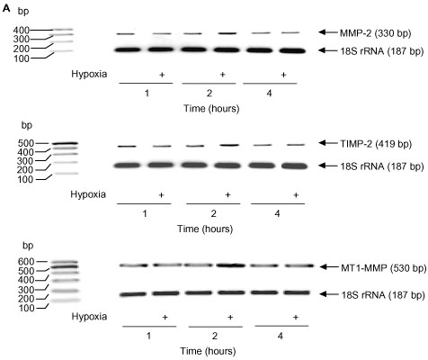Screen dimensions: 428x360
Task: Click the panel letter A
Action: coord(6,9)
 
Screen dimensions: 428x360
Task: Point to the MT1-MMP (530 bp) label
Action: coord(384,268)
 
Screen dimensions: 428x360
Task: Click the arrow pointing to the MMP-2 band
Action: coord(328,31)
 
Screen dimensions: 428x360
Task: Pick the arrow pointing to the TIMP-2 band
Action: coord(328,143)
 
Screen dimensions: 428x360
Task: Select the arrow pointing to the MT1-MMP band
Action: coord(329,266)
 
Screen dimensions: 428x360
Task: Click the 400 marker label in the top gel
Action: coord(21,30)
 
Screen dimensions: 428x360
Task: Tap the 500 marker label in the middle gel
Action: coord(25,143)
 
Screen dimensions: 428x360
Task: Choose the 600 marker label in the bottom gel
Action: coord(26,262)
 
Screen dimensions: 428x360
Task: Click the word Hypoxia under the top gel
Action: coord(89,74)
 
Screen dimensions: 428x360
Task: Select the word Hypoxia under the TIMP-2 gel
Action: coord(88,194)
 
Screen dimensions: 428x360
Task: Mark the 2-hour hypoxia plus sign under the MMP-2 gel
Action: coord(222,75)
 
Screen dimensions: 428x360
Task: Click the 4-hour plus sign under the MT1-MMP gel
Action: coord(296,317)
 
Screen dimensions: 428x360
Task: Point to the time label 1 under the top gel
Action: coord(147,94)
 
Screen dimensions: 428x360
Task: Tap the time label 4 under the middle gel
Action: coord(278,213)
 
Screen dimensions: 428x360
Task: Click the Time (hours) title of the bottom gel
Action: coord(208,351)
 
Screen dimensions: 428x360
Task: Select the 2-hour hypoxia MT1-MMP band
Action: coord(230,265)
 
